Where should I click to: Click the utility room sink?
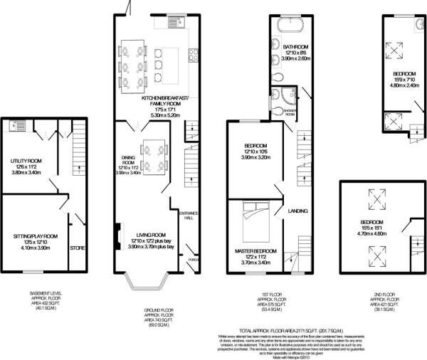(16, 126)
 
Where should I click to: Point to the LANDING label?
(297, 211)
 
